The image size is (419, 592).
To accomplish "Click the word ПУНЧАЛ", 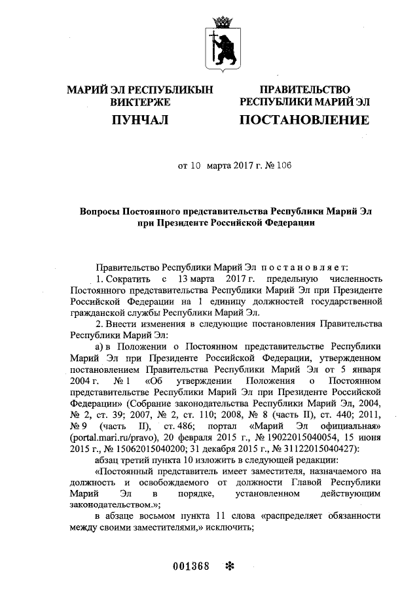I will coord(140,120).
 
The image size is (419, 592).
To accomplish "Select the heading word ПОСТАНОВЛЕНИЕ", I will coord(304,120).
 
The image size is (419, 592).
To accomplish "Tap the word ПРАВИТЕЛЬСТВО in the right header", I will coord(304,90).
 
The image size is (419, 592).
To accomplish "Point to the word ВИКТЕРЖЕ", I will coord(140,102).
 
